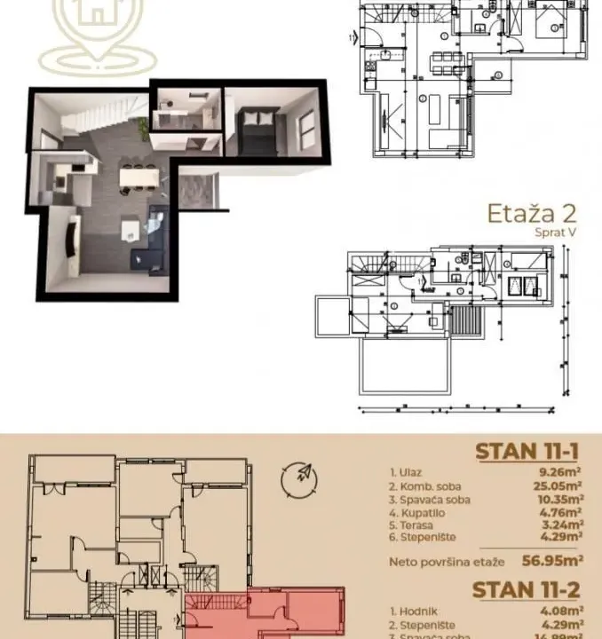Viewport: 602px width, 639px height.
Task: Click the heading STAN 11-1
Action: coord(529,450)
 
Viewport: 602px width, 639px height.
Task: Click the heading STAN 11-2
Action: coord(529,588)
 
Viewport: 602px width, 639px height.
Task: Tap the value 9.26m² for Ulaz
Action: coord(562,474)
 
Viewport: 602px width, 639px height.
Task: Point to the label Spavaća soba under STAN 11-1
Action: coord(430,499)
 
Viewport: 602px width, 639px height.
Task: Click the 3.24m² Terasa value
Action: coord(562,524)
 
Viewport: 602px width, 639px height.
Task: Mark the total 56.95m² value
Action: coord(551,560)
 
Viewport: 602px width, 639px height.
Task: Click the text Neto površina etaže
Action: coord(440,561)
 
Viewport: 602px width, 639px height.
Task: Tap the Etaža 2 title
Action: coord(533,214)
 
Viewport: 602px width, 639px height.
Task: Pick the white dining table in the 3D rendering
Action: coord(137,178)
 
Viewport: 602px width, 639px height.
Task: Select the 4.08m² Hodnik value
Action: coord(562,611)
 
